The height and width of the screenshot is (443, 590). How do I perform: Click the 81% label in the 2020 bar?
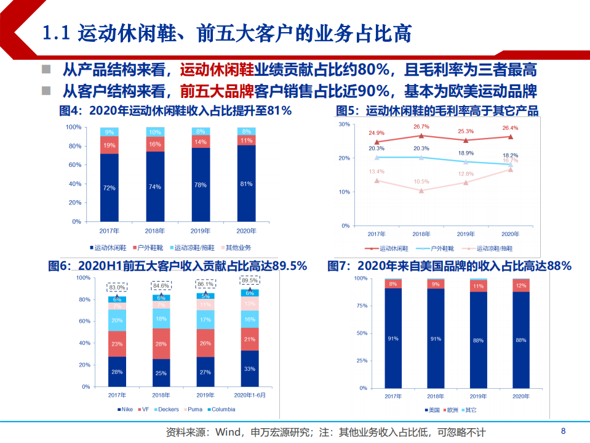[x=247, y=184]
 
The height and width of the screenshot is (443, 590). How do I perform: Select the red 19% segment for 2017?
[x=110, y=145]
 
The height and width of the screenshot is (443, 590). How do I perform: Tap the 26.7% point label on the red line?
[x=421, y=127]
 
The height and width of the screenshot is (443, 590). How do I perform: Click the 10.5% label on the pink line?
[x=421, y=182]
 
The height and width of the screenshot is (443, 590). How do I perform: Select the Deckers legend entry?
[x=167, y=409]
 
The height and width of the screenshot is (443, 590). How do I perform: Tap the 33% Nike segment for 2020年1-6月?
[x=250, y=369]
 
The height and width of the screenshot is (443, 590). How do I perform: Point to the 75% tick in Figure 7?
[x=362, y=306]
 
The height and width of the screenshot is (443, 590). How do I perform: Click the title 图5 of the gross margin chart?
[x=437, y=111]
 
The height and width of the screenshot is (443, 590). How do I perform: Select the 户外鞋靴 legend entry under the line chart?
[x=439, y=248]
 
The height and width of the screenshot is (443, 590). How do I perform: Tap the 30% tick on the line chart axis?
[x=344, y=124]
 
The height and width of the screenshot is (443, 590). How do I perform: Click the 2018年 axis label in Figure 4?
[x=155, y=232]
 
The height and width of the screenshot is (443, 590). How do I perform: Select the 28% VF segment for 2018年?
[x=162, y=344]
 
